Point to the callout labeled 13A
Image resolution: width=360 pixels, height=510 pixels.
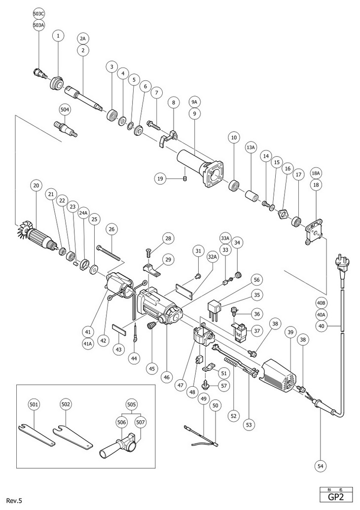[x=250, y=147]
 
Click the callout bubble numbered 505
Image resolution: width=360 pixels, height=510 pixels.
[x=132, y=402]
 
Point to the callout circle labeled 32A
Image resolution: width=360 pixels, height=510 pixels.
[x=213, y=256]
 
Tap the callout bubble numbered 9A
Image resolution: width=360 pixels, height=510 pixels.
[x=194, y=102]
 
